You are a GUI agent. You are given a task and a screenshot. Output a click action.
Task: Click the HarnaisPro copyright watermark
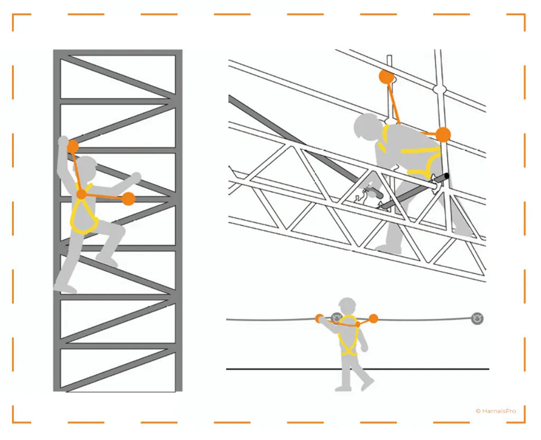pos(495,410)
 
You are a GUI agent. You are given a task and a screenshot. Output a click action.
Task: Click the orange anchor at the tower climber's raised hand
pos(72,147)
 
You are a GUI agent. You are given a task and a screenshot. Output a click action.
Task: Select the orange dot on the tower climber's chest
pos(81,195)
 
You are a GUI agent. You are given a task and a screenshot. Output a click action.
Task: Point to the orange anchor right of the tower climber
pos(128,199)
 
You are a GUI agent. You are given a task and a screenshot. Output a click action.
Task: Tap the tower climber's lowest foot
pos(64,288)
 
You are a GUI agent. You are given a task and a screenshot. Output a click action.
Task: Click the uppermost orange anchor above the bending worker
pos(387,77)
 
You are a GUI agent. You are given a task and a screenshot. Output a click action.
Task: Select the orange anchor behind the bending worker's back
pos(443,135)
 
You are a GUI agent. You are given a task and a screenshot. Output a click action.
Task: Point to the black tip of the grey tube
pos(446,176)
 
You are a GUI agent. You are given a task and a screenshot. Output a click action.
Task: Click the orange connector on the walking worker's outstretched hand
pos(320,318)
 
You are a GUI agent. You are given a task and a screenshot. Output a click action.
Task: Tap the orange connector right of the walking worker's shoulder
pos(374,318)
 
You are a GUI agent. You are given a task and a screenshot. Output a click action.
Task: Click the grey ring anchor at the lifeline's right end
pos(478,318)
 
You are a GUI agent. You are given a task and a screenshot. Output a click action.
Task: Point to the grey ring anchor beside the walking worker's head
pos(337,318)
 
